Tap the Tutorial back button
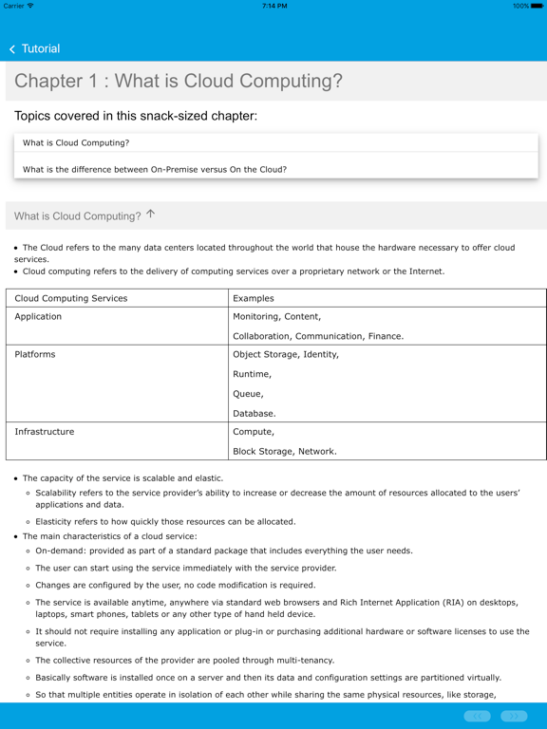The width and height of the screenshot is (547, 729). (x=34, y=48)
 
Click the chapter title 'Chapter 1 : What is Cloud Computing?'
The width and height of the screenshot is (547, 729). (x=179, y=81)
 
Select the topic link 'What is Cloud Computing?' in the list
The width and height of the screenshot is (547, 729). (x=76, y=142)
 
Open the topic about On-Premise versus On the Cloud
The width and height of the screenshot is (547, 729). (x=155, y=169)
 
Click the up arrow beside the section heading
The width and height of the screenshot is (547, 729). (x=151, y=215)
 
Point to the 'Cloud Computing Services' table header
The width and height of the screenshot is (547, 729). (x=71, y=298)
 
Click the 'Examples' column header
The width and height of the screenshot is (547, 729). (x=254, y=298)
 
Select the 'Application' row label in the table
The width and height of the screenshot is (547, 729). (x=38, y=316)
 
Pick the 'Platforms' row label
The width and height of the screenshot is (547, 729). (x=35, y=354)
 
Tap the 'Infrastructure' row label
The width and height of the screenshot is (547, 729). (x=44, y=431)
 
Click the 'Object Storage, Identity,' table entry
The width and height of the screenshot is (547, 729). (x=286, y=354)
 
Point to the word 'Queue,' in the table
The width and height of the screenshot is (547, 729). (x=248, y=393)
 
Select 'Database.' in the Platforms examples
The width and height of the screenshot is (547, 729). (x=255, y=413)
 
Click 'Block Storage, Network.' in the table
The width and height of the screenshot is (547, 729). (x=285, y=451)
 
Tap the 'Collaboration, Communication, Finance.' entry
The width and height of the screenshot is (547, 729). (x=318, y=335)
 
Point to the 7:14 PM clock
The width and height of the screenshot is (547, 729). (x=273, y=6)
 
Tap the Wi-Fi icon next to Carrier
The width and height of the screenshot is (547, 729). (x=31, y=6)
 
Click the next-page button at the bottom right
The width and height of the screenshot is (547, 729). (x=514, y=716)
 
